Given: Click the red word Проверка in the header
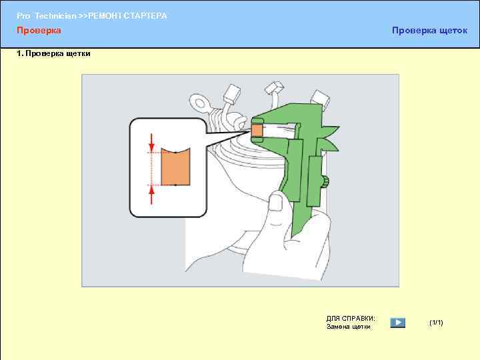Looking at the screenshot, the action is coord(39,30).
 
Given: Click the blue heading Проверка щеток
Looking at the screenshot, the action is coord(429,30).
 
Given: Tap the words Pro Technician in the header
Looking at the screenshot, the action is coord(46,15).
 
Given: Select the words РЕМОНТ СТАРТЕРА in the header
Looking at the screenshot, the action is coord(127,15).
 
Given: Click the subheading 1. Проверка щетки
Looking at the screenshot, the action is coord(53,53).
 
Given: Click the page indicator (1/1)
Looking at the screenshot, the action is coord(436,323).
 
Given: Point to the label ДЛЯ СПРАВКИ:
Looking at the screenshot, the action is coord(351,319).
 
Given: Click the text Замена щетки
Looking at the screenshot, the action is coord(349,327).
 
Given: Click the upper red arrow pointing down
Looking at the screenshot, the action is coord(151,142).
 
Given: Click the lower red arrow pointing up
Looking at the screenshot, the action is coord(151,195).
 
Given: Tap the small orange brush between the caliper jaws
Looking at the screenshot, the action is coord(257,131).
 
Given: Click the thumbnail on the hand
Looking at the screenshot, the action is coord(277,203).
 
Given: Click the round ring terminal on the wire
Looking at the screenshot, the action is coord(199,103).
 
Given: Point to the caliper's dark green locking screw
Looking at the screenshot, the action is coord(325,183).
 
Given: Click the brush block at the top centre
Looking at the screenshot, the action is coord(275,87).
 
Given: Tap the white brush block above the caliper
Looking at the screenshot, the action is coord(320,99).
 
